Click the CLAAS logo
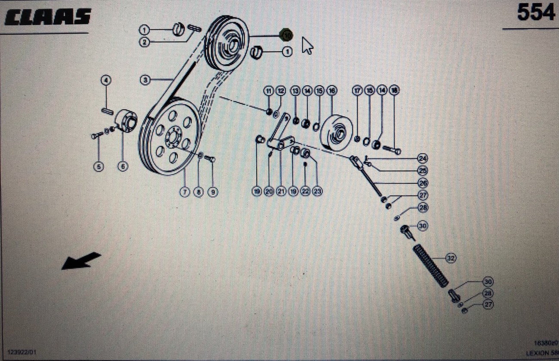(48, 17)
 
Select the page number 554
(535, 12)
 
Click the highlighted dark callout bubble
(286, 35)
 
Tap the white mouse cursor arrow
(307, 45)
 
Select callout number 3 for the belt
(145, 80)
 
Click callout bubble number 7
(184, 192)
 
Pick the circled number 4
(106, 80)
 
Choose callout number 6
(123, 167)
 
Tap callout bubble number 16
(332, 91)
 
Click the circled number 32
(450, 258)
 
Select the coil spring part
(431, 266)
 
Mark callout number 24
(422, 158)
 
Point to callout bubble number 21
(281, 192)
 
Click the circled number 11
(269, 91)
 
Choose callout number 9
(212, 192)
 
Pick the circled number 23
(317, 192)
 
